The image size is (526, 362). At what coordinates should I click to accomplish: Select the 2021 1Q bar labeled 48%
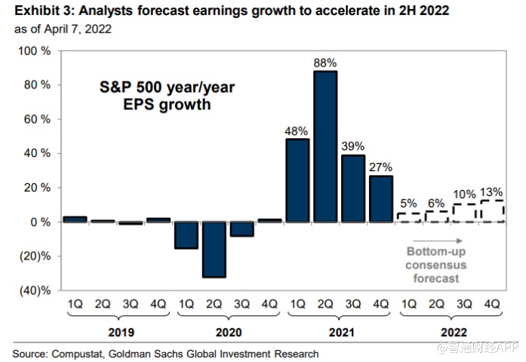click(297, 180)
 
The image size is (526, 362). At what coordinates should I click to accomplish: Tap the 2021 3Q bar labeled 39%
click(353, 188)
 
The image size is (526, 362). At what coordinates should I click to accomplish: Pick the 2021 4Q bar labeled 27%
click(381, 198)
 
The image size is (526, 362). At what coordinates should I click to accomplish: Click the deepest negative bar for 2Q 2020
click(214, 249)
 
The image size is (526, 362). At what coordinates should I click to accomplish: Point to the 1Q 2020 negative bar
click(186, 235)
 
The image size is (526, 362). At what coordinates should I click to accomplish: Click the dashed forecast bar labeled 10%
click(465, 213)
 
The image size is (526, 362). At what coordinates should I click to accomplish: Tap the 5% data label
click(409, 202)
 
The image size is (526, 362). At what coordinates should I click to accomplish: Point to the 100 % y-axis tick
click(35, 51)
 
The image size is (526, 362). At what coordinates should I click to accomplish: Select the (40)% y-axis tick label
click(35, 290)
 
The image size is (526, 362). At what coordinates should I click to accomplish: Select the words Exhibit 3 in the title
click(32, 11)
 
